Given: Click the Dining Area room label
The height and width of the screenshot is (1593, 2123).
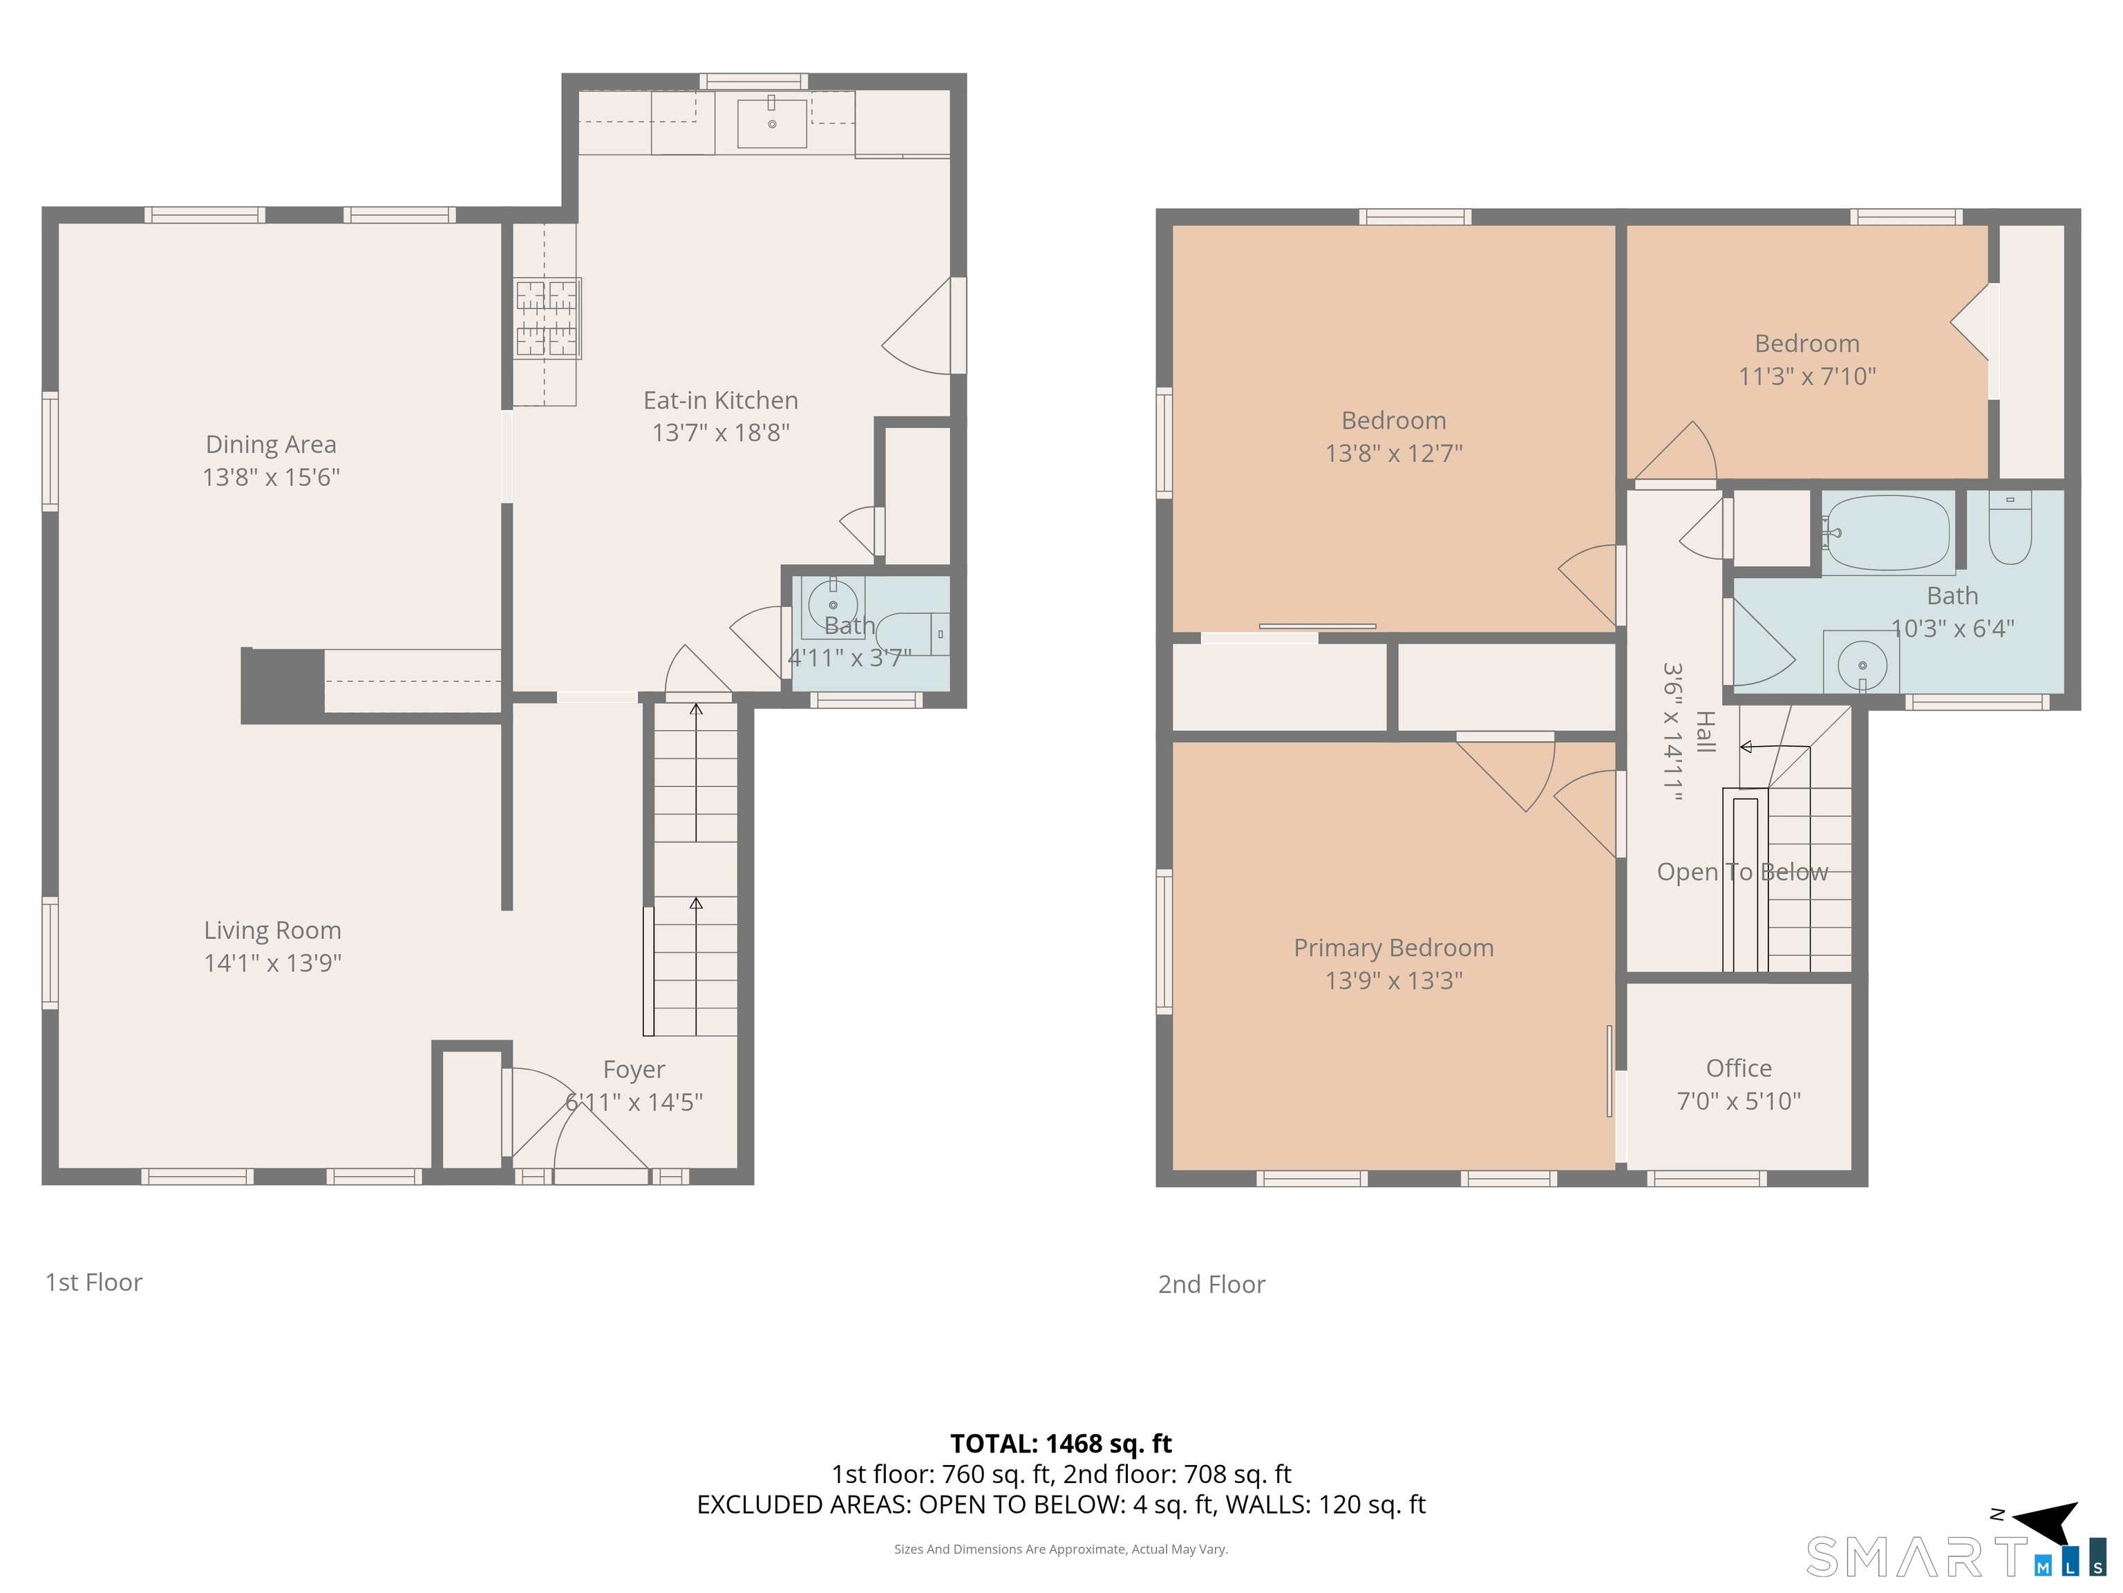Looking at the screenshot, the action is (x=271, y=445).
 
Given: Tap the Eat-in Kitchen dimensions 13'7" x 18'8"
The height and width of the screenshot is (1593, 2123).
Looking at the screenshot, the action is (x=721, y=432).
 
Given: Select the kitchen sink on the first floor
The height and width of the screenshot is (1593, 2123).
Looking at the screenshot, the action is (x=772, y=123).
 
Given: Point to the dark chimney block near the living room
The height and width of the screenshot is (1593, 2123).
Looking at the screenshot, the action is (x=282, y=686).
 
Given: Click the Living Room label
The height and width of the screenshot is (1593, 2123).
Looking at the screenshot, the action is (x=272, y=931).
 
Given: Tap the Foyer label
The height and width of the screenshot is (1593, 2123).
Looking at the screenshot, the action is (x=634, y=1070).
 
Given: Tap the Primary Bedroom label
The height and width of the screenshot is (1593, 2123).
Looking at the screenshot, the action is (x=1394, y=948).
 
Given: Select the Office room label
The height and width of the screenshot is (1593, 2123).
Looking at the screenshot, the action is (x=1738, y=1068).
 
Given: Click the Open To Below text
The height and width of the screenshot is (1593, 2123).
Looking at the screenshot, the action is (x=1742, y=872).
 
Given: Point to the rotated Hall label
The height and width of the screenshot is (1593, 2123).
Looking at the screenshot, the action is (x=1704, y=732).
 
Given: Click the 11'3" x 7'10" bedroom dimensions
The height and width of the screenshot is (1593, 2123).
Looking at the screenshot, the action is (x=1807, y=376).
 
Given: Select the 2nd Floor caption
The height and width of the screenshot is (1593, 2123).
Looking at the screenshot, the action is (x=1211, y=1285).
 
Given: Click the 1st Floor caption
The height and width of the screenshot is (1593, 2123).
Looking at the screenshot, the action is (x=94, y=1283).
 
